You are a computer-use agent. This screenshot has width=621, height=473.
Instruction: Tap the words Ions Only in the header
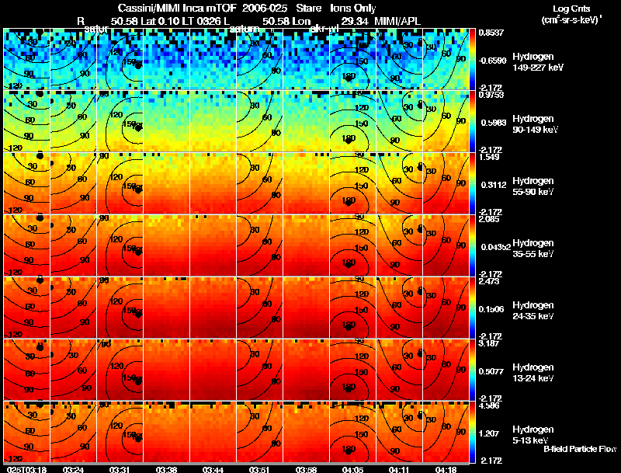pos(353,8)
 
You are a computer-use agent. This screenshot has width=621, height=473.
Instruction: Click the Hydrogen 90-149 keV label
pos(533,124)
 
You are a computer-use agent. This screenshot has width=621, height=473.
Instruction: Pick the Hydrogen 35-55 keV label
pos(533,249)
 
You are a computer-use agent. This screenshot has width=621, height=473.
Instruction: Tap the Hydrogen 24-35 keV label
pos(533,311)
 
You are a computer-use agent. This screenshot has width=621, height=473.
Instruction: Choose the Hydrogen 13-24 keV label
pos(533,373)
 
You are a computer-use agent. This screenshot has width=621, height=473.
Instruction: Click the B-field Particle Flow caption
pos(579,449)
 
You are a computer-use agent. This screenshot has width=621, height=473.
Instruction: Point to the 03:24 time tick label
pos(74,469)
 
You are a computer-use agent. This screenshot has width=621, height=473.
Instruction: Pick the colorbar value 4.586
pos(488,405)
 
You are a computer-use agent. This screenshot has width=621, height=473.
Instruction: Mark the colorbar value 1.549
pos(488,156)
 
